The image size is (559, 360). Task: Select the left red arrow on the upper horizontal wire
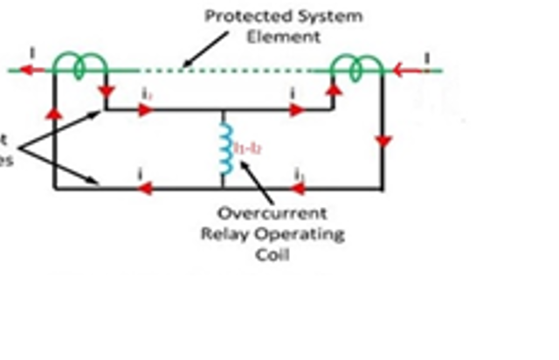coord(145,110)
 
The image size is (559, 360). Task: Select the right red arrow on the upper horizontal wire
coord(297,110)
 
